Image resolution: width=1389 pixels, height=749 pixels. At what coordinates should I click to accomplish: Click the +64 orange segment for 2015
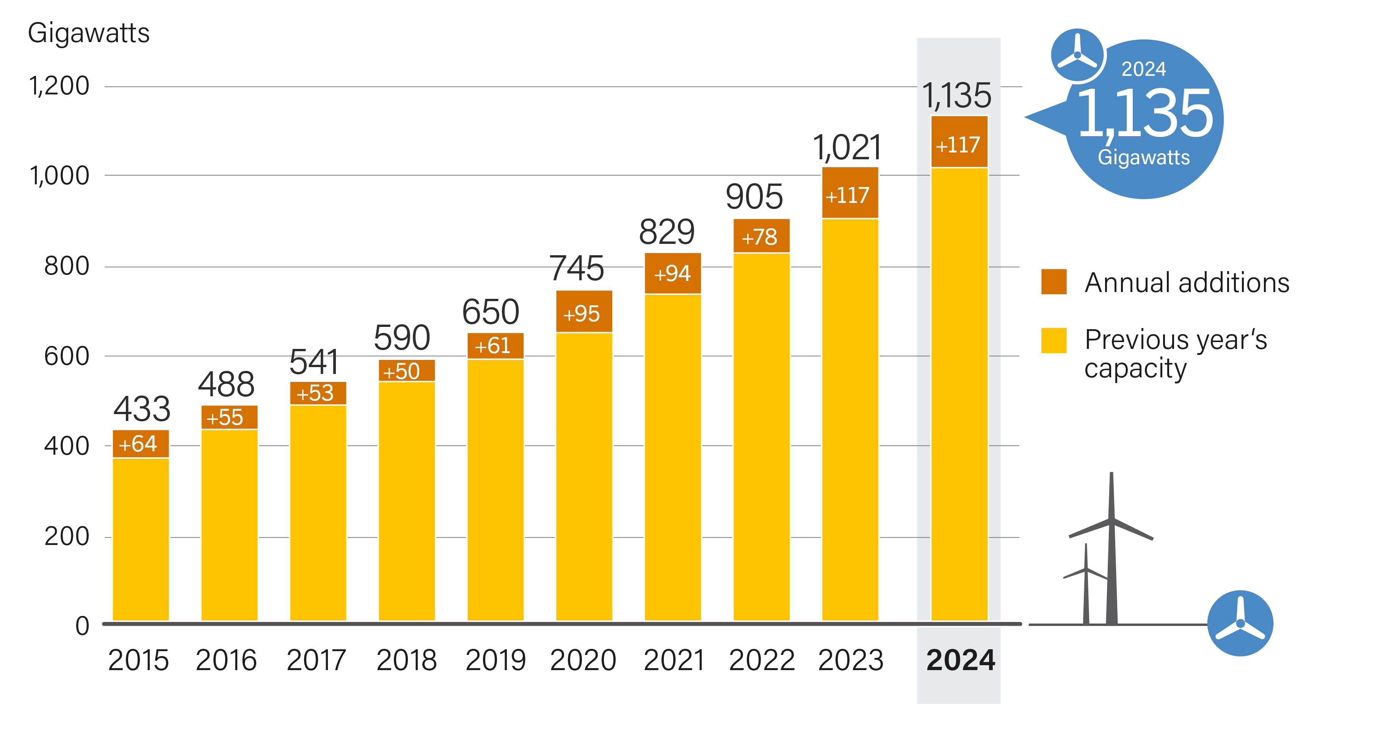[140, 444]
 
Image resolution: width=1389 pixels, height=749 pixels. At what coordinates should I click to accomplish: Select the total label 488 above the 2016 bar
[226, 385]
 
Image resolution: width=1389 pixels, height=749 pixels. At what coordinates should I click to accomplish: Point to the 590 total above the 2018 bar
[402, 338]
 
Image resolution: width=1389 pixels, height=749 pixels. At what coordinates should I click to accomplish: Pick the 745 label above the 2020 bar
[577, 268]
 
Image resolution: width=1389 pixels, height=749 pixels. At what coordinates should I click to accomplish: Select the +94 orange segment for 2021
[673, 273]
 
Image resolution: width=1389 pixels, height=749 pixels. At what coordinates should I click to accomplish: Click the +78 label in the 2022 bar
[760, 236]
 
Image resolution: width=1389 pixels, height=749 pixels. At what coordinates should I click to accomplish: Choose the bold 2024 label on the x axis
[960, 660]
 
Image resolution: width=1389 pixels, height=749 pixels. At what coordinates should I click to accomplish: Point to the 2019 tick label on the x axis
[495, 660]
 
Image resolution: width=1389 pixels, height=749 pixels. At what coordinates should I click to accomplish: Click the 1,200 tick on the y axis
[59, 86]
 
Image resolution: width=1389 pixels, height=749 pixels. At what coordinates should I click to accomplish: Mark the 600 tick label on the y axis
[66, 356]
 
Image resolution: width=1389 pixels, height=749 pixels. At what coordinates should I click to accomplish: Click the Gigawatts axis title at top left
[88, 33]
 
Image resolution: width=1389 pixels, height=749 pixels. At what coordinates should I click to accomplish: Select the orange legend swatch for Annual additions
[1054, 281]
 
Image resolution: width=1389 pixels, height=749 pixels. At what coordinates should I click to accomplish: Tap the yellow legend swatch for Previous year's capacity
[1054, 340]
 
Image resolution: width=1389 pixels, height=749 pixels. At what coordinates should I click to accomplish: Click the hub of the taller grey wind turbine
[1111, 520]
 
